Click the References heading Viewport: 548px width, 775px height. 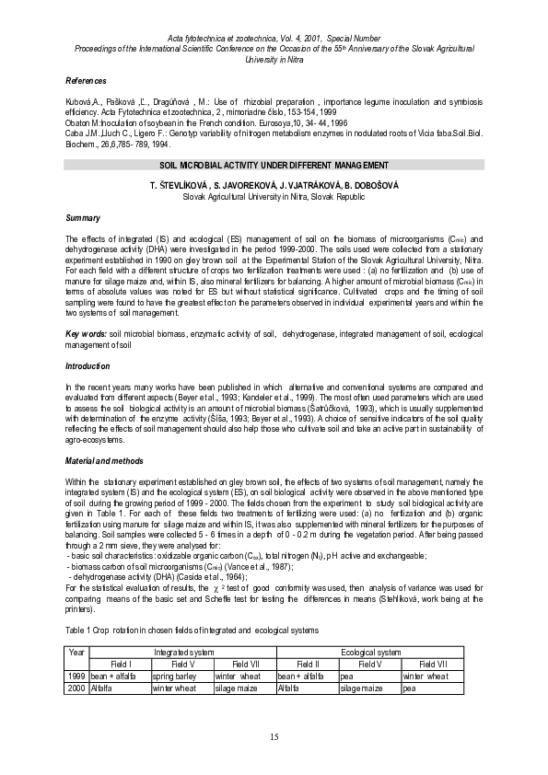coord(86,81)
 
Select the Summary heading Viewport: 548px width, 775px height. coord(83,218)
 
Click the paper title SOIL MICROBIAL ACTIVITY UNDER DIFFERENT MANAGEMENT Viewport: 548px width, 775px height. coord(274,164)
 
